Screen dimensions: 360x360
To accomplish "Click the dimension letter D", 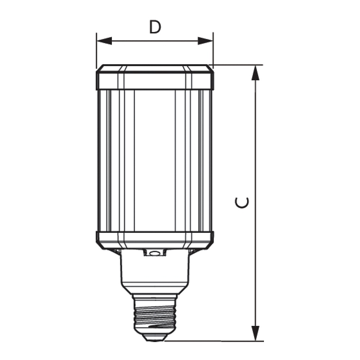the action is [x=155, y=27].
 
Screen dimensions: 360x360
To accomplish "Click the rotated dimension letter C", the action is [x=242, y=202].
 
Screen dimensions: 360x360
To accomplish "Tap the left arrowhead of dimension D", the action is [x=104, y=41].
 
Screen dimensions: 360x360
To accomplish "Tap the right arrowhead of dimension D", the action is [x=206, y=41].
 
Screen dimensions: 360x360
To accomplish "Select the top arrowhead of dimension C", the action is [x=256, y=73].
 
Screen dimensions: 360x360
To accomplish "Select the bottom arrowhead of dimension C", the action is [x=256, y=333].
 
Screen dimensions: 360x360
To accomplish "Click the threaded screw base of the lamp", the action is [x=155, y=314].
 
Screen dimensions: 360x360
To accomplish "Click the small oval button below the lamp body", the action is [x=154, y=253].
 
